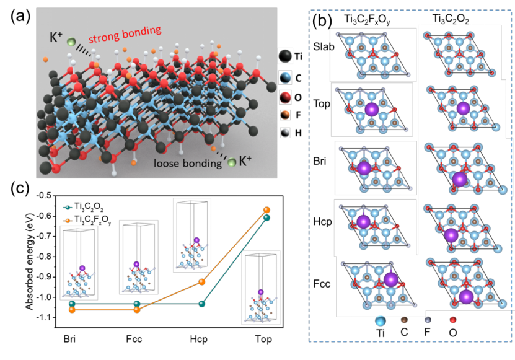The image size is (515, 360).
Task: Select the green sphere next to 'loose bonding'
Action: pos(232,162)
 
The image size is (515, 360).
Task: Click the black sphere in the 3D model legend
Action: pos(285,56)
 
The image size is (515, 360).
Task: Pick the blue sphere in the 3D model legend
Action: pos(285,77)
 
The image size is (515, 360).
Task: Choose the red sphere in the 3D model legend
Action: pos(285,97)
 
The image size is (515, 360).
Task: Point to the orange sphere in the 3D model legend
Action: pos(285,115)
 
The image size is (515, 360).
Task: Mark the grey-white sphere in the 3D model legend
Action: pos(285,132)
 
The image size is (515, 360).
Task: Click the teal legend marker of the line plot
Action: pos(68,208)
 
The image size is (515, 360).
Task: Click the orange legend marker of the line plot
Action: pos(68,221)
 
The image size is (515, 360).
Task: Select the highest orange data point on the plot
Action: pos(266,210)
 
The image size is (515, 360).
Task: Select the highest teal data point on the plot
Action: pos(266,217)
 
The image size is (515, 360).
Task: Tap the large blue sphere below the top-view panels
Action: pos(380,321)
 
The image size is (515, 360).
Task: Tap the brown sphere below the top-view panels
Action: pos(404,320)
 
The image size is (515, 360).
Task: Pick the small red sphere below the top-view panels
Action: pos(452,320)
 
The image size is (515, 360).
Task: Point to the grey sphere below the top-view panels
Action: pos(428,320)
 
